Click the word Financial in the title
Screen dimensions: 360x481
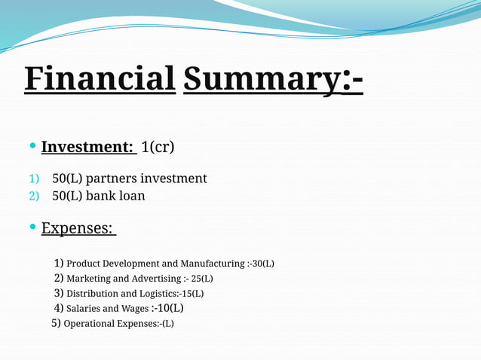coord(100,78)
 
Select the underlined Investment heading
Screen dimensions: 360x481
coord(87,146)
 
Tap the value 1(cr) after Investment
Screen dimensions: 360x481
coord(158,146)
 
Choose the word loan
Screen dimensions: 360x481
coord(132,196)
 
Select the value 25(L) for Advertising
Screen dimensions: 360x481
coord(202,279)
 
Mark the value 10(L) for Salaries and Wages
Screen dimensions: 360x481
coord(170,308)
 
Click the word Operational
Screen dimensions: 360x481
coord(90,324)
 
